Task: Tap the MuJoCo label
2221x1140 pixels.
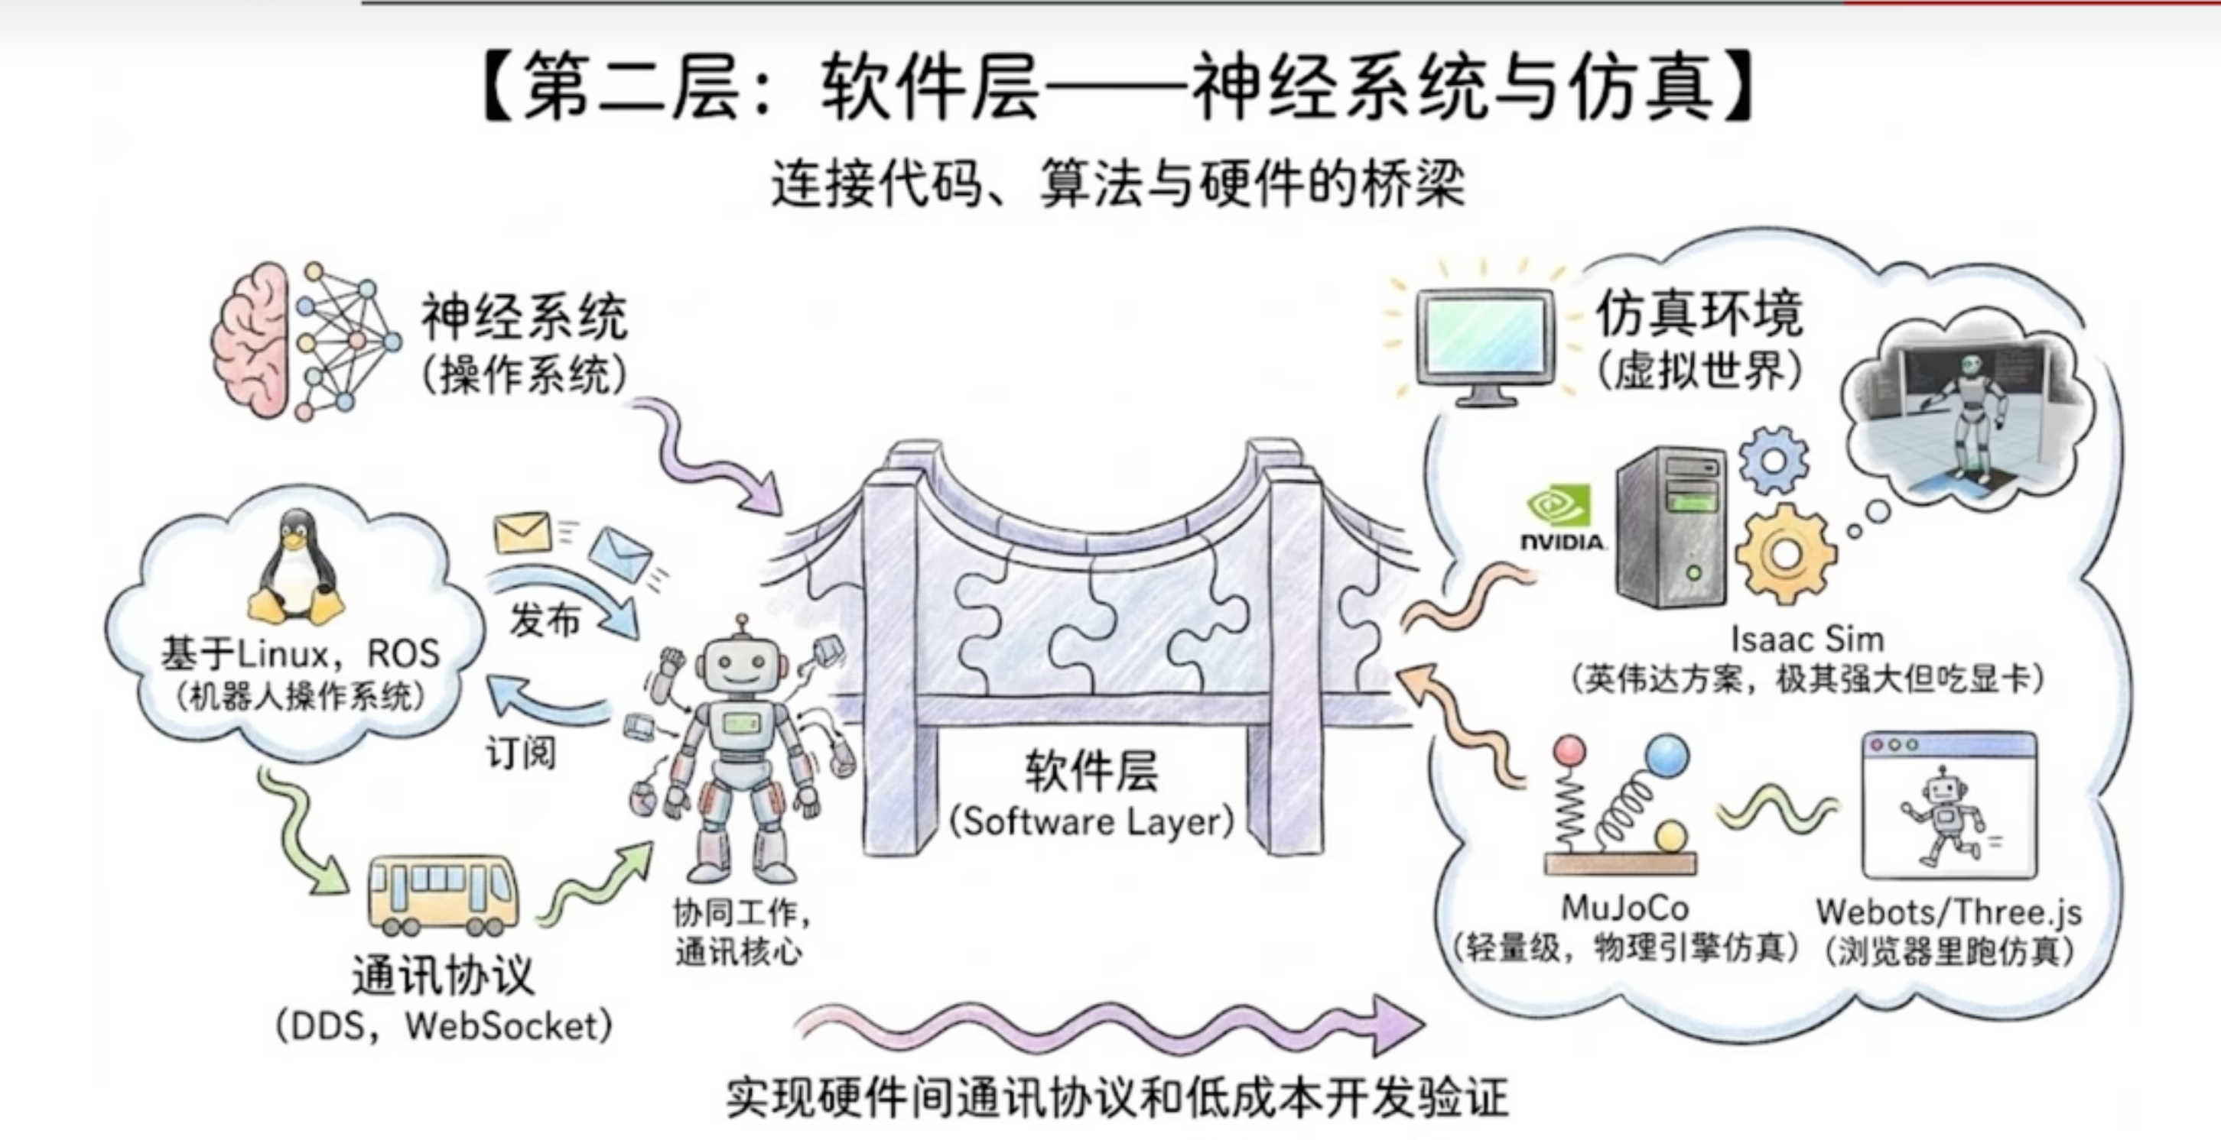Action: click(1624, 908)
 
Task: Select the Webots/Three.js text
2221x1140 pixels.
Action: click(1949, 912)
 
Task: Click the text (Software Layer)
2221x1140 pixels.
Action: click(1091, 821)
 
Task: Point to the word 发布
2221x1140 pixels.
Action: click(545, 620)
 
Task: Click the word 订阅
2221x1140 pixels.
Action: click(521, 753)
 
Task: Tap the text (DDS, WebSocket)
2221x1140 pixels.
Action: click(444, 1025)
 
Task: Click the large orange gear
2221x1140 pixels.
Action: click(1785, 554)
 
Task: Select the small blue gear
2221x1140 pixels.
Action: click(1773, 460)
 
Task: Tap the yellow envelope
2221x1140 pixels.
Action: click(522, 533)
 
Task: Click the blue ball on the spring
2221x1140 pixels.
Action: click(1667, 755)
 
